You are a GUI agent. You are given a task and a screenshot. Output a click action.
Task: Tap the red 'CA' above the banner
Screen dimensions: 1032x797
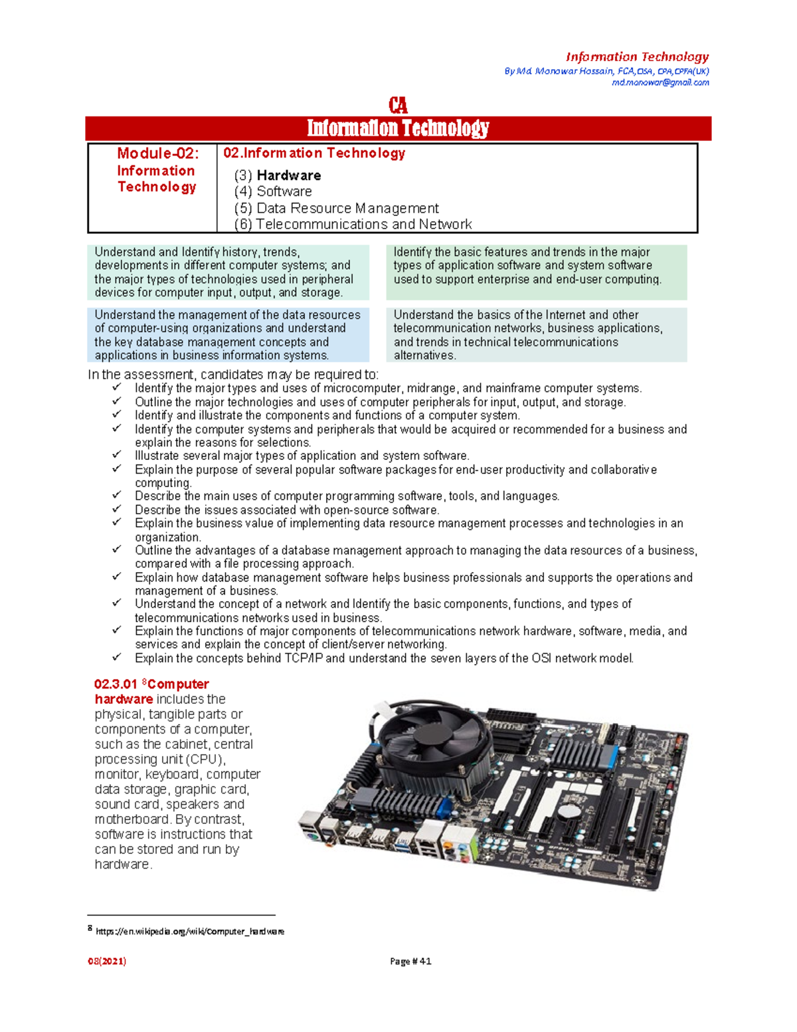click(398, 106)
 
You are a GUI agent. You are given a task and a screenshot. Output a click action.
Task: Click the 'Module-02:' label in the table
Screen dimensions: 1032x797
click(157, 154)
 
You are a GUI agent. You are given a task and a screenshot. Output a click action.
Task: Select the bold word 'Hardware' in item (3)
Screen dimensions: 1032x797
click(289, 175)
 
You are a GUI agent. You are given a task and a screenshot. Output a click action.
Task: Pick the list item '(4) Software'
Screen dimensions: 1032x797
click(273, 191)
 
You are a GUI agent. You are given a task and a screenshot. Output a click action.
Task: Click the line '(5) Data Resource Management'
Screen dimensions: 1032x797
click(336, 208)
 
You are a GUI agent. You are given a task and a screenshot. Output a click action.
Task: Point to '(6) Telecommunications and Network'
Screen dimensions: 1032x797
click(353, 224)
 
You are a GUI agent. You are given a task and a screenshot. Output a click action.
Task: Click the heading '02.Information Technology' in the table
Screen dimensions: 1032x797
click(314, 153)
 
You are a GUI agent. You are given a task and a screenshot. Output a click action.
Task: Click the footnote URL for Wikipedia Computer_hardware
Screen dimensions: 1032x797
click(190, 932)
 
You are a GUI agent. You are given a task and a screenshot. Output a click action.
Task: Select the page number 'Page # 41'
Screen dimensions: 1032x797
click(410, 961)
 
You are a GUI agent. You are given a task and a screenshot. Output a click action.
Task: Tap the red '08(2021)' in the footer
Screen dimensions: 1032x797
click(107, 961)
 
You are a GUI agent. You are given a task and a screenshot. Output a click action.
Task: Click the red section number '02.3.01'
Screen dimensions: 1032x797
click(116, 684)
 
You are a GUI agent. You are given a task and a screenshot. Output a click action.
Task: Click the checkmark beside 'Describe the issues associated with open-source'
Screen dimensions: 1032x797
click(117, 509)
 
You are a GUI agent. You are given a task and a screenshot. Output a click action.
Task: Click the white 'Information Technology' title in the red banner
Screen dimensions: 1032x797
click(398, 128)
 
